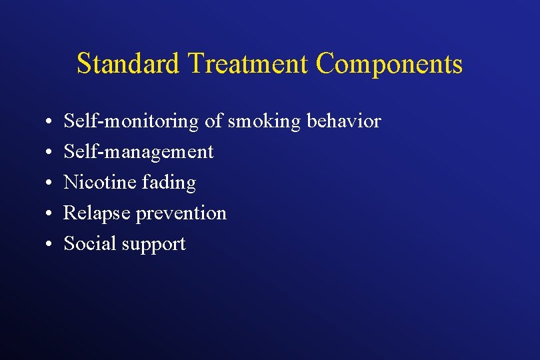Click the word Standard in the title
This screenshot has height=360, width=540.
[129, 64]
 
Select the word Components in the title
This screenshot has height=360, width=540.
[389, 64]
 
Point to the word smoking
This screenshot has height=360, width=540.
[264, 122]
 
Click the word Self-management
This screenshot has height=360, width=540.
[139, 152]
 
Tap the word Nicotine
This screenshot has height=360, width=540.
[99, 182]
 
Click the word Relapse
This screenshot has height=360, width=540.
[97, 213]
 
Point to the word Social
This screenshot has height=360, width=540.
[91, 243]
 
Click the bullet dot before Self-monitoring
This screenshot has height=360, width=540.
[49, 123]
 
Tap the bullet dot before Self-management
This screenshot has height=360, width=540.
[49, 153]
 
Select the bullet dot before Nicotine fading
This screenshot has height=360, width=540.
[49, 183]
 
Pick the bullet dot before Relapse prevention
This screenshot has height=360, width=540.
[49, 214]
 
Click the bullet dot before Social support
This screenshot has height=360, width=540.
[49, 245]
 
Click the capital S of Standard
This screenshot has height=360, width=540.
[83, 64]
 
